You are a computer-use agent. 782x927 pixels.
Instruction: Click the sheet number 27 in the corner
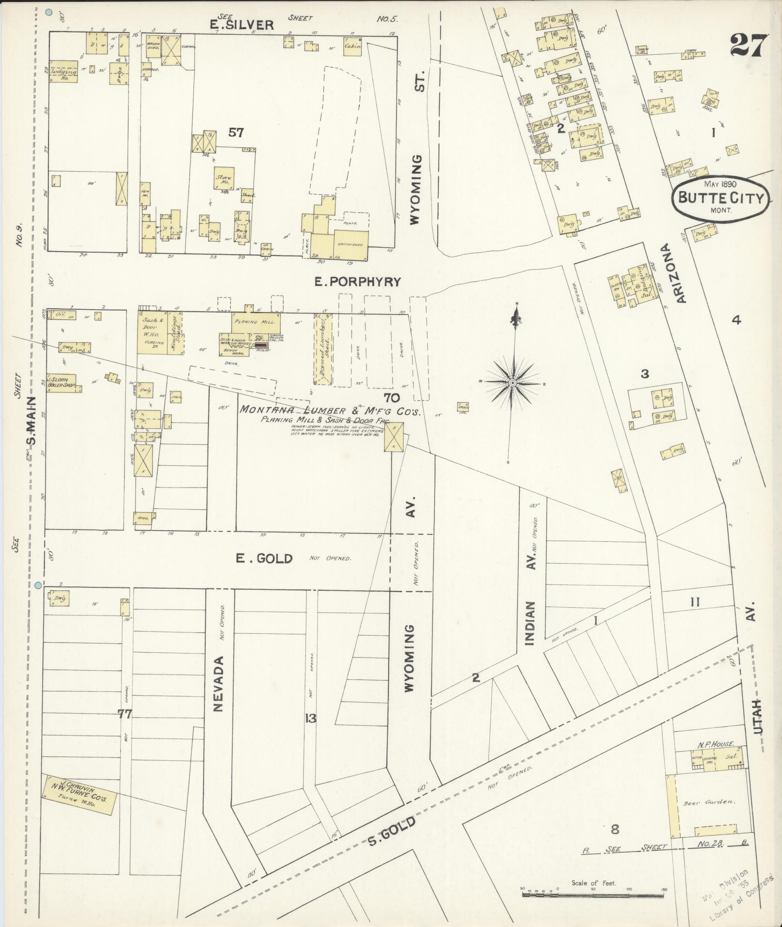coord(748,46)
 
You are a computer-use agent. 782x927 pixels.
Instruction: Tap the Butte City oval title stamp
coord(721,197)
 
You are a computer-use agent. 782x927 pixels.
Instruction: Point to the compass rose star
coord(513,383)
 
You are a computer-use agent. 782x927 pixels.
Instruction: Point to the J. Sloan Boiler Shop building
coord(62,383)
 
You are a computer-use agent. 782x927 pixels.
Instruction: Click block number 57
coord(236,132)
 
